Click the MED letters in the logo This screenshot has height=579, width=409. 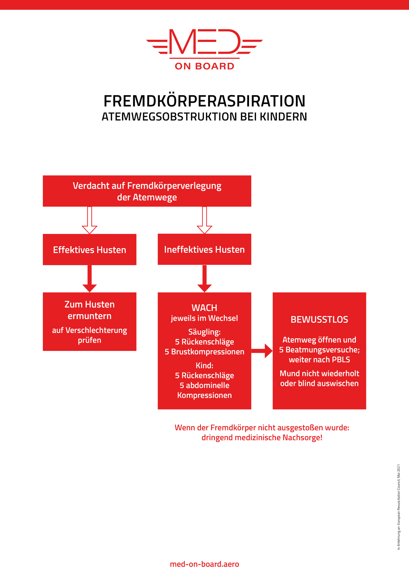click(204, 42)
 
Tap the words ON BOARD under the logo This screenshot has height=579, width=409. click(204, 66)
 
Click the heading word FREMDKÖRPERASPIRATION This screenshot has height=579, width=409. click(204, 101)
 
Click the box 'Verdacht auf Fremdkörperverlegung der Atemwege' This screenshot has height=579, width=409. click(147, 191)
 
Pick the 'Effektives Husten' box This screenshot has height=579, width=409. click(89, 250)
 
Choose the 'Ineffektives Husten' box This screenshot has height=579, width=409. click(204, 249)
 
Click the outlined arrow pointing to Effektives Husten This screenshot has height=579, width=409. click(90, 221)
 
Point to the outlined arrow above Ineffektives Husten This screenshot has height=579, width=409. click(204, 221)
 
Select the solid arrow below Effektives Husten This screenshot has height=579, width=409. click(90, 279)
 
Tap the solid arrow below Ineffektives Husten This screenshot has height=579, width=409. click(204, 279)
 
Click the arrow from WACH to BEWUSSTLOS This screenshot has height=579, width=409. click(262, 351)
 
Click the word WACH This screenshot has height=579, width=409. click(204, 308)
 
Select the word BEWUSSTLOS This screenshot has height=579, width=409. click(319, 320)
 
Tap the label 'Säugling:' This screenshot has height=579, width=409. click(204, 332)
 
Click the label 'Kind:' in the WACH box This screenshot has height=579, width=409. click(204, 365)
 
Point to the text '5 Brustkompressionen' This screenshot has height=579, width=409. click(204, 352)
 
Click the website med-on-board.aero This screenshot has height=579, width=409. click(204, 564)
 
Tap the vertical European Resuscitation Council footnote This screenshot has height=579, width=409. click(398, 507)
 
